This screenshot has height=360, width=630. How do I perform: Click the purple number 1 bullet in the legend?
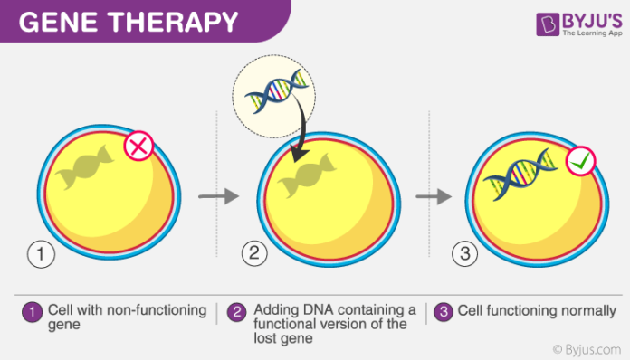(x=31, y=312)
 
